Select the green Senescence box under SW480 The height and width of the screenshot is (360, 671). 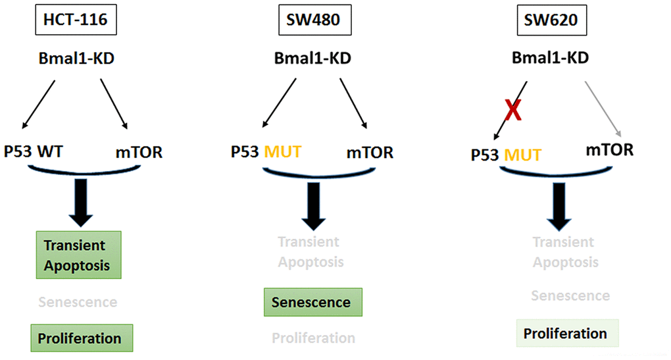click(312, 301)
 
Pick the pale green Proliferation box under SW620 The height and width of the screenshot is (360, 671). click(564, 334)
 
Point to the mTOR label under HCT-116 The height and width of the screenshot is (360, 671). click(137, 153)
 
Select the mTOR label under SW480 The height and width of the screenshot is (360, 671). click(370, 153)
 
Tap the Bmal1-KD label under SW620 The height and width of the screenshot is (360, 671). click(550, 58)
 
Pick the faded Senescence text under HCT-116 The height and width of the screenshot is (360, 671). click(78, 302)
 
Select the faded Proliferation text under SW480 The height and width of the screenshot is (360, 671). click(313, 338)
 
